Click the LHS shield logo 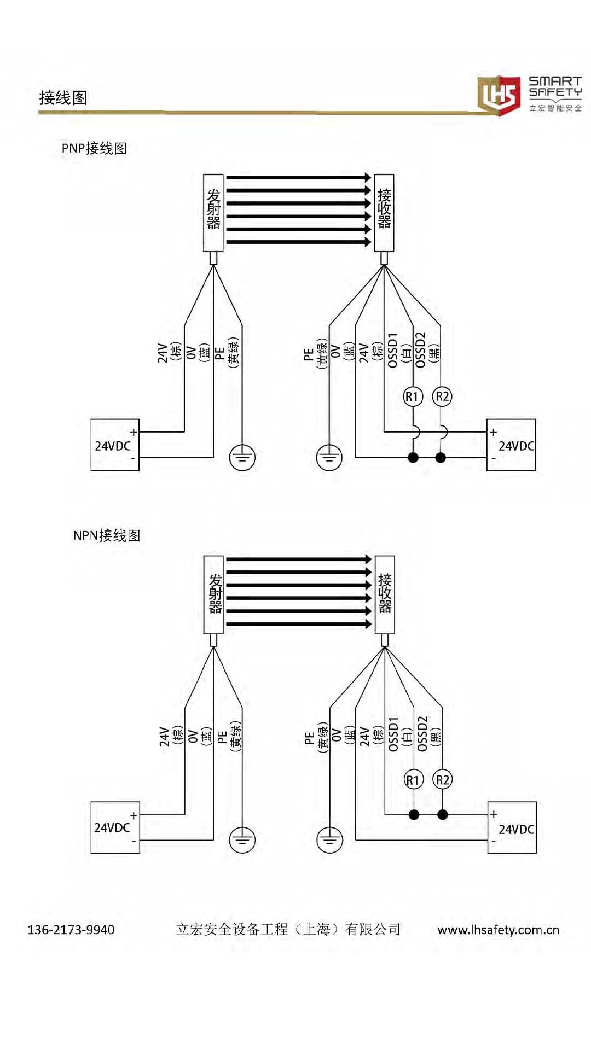499,95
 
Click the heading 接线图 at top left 63,98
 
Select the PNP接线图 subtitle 94,148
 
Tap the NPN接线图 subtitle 107,535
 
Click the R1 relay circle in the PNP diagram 413,396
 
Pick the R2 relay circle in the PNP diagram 442,396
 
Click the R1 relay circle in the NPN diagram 413,779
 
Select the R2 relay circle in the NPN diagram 442,779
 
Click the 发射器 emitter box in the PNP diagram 213,213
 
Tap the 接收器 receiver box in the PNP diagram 384,213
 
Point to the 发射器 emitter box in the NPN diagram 214,594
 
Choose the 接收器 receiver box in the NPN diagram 385,594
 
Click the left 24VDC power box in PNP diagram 115,445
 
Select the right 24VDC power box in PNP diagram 511,445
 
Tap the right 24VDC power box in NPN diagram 512,828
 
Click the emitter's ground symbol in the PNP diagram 242,457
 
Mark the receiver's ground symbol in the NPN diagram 329,839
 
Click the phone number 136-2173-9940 71,930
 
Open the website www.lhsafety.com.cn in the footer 498,930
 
